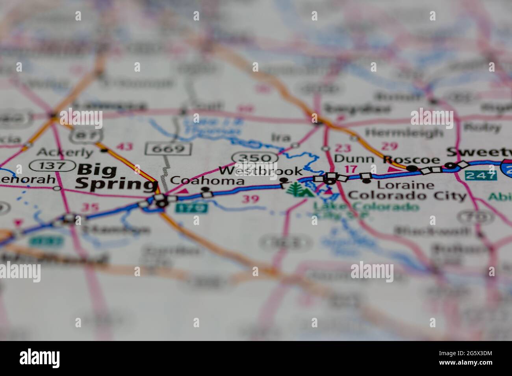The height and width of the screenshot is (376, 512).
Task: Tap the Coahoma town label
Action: [207, 181]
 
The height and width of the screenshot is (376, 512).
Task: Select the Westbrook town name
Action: [261, 171]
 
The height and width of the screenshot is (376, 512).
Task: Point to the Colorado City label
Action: [408, 195]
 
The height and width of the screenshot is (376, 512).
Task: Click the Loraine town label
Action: [406, 184]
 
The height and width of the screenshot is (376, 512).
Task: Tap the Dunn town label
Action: [354, 159]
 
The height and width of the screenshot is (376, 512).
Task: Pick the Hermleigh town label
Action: [404, 133]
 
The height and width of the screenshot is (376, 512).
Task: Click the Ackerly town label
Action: [65, 152]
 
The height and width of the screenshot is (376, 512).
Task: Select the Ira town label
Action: [280, 137]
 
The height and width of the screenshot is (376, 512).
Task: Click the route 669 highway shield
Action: [168, 149]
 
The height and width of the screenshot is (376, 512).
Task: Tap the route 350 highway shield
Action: [255, 158]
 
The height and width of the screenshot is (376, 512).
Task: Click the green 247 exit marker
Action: [480, 175]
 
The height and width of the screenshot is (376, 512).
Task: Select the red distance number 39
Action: [250, 199]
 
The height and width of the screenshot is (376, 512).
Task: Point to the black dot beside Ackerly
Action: [104, 150]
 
